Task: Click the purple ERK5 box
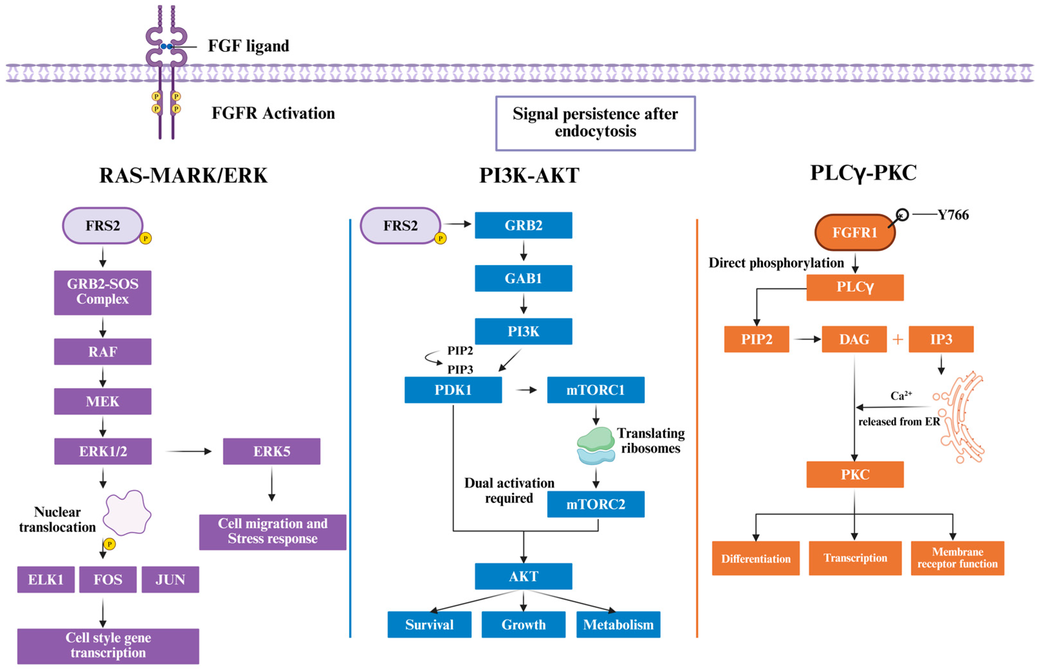point(271,451)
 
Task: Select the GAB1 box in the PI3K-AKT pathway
point(523,278)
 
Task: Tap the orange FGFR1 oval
point(854,232)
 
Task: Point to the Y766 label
point(953,215)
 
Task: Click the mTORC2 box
point(595,504)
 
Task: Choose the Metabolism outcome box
point(618,624)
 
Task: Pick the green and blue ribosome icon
point(595,445)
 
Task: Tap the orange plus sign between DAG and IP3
point(898,339)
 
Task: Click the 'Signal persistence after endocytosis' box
point(595,123)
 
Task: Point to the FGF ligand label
point(248,46)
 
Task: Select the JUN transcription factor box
point(170,579)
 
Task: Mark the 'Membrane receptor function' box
point(957,558)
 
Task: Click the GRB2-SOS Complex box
point(103,292)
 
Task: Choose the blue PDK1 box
point(453,390)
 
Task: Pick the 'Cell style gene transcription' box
point(108,645)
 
